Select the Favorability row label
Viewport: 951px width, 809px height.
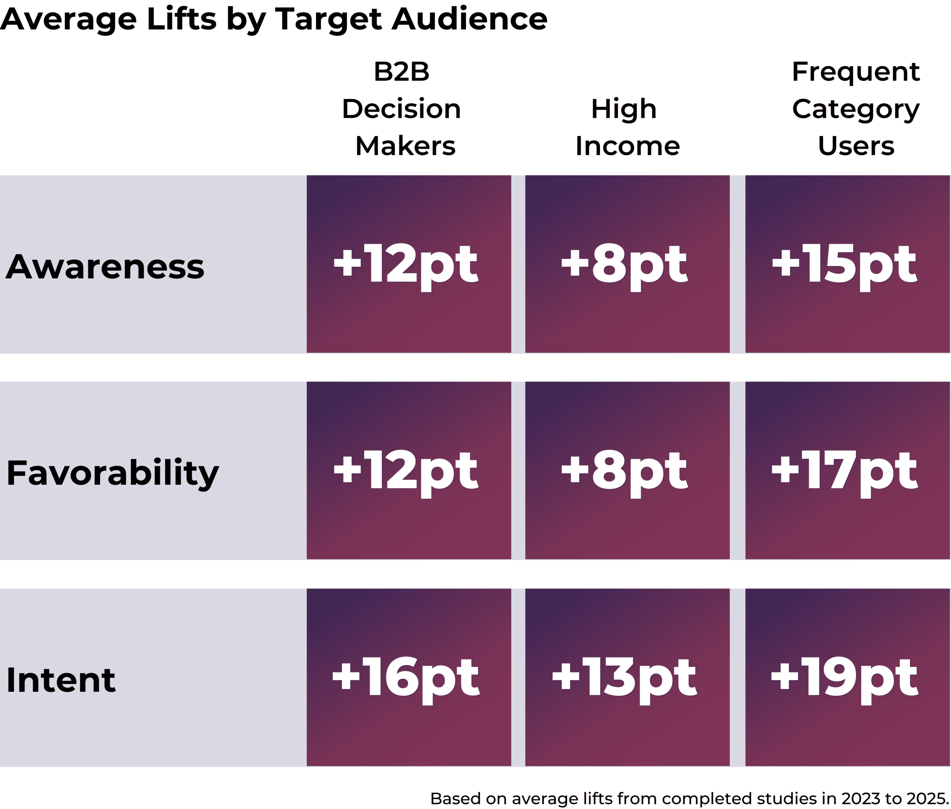[x=113, y=474]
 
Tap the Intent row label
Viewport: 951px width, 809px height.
[x=61, y=680]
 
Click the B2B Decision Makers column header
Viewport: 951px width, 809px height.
[x=402, y=109]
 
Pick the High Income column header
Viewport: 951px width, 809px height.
[x=627, y=127]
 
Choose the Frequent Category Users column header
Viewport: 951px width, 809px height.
[x=856, y=109]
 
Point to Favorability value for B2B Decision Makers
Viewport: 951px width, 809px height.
[x=406, y=473]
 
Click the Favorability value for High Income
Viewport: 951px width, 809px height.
[x=624, y=473]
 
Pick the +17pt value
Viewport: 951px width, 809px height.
[x=845, y=473]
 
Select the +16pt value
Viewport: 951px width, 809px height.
[x=406, y=680]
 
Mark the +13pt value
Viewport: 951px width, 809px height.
[x=624, y=680]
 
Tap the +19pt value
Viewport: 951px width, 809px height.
[x=845, y=680]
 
